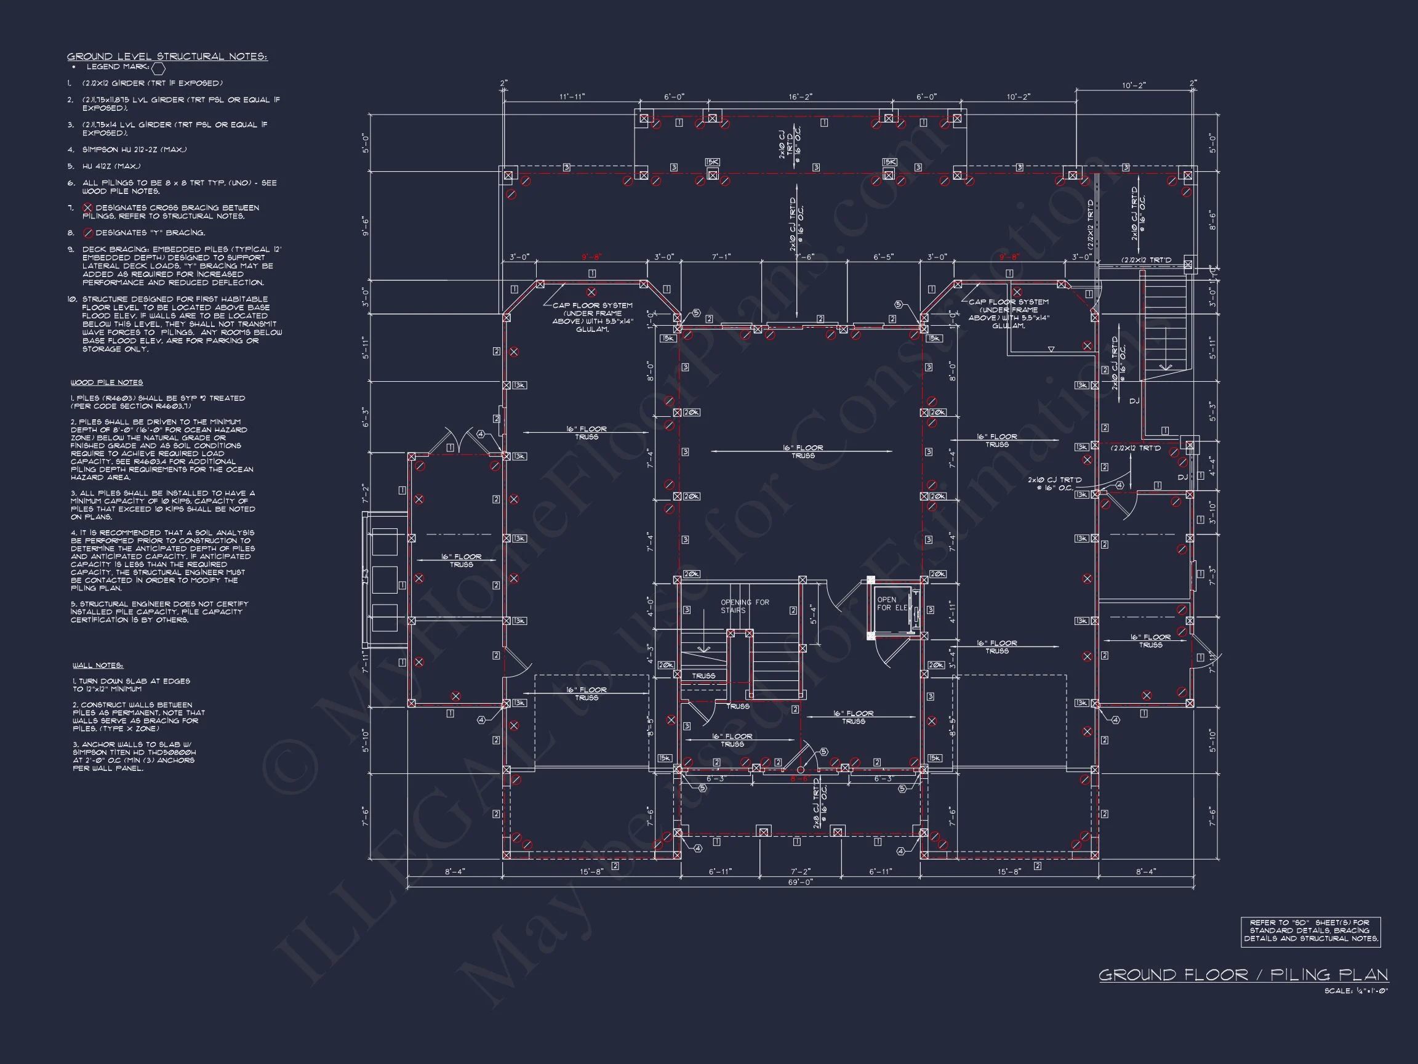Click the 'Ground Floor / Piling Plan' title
click(x=1243, y=975)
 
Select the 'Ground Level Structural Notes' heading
click(x=167, y=57)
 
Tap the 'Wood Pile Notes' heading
click(x=106, y=382)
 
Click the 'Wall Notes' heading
click(x=97, y=665)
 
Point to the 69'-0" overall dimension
click(x=799, y=882)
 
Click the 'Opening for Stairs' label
click(x=744, y=606)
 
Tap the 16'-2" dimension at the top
click(x=800, y=97)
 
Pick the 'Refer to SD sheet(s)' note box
click(x=1310, y=930)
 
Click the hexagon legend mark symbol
click(x=158, y=67)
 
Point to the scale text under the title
click(x=1356, y=991)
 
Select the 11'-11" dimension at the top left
click(x=572, y=97)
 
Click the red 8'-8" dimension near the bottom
click(x=799, y=778)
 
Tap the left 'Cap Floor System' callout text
click(x=592, y=317)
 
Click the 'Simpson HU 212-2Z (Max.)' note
click(x=134, y=150)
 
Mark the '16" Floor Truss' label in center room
click(x=803, y=451)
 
